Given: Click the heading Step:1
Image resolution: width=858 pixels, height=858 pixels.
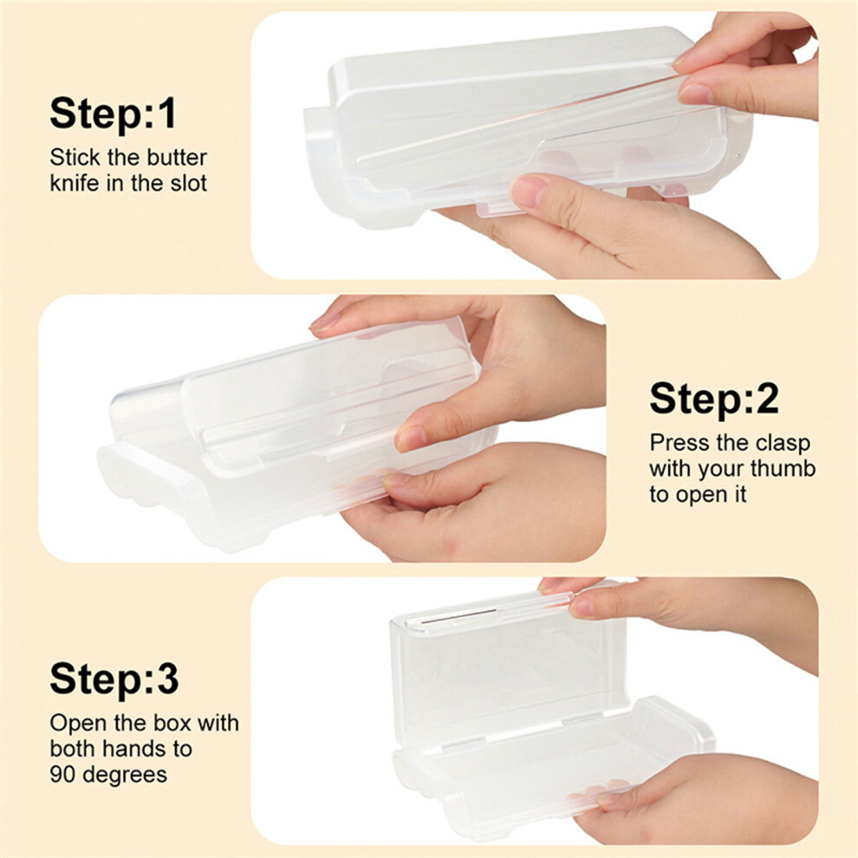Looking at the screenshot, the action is [x=114, y=114].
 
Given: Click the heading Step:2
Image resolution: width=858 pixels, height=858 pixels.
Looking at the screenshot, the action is [x=714, y=399].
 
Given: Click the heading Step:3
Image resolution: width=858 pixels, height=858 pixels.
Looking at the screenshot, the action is [x=114, y=679].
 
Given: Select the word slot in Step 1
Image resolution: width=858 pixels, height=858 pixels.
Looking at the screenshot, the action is [x=189, y=183].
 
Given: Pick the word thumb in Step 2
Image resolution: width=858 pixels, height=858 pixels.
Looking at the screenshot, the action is [x=783, y=469].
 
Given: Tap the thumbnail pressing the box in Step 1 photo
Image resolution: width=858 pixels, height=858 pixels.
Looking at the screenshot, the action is [x=528, y=191].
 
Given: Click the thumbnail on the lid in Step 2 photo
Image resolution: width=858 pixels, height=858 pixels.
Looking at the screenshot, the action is [x=412, y=437].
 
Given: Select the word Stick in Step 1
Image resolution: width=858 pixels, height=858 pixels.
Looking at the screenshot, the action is [x=75, y=158].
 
